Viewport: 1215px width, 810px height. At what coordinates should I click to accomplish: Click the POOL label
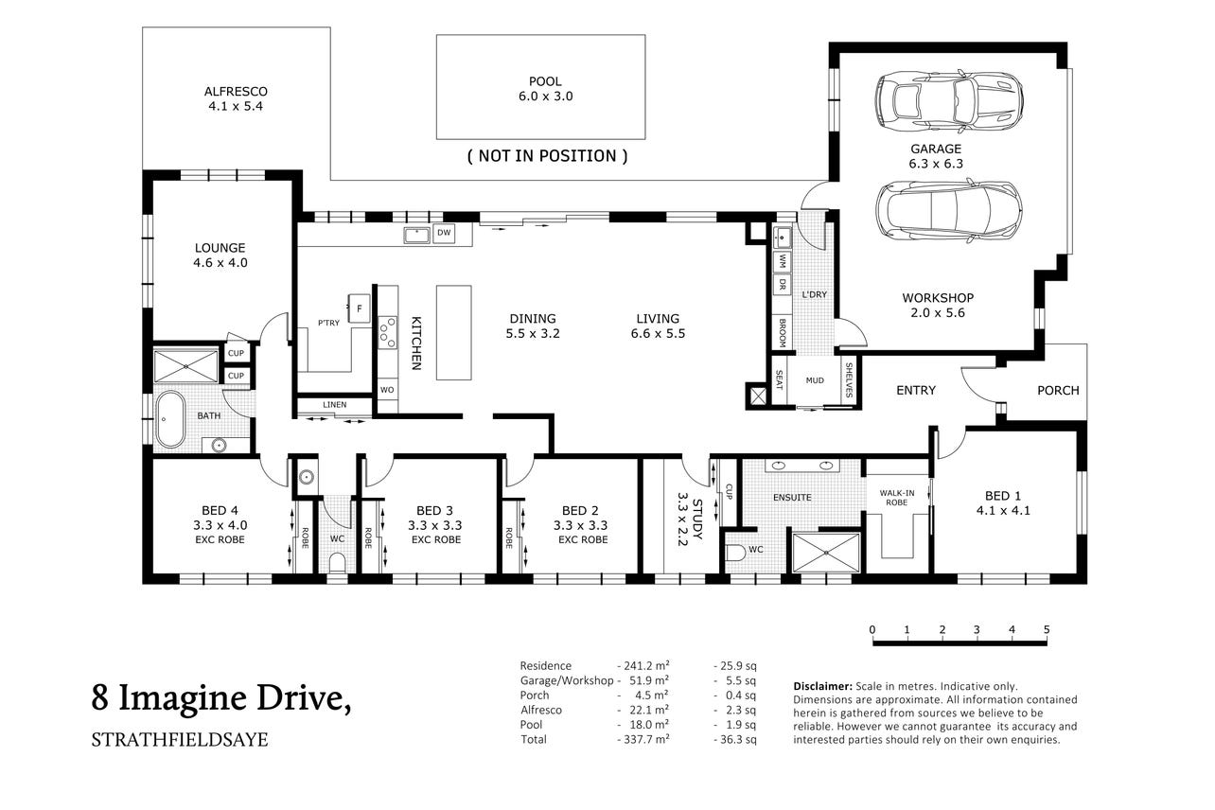[x=545, y=81]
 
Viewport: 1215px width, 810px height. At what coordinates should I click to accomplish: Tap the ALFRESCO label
[x=236, y=91]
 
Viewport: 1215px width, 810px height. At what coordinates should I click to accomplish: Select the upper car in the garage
[x=949, y=101]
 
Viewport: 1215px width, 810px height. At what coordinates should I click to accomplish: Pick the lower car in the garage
[x=949, y=210]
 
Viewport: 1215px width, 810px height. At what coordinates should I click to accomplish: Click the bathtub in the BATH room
[x=170, y=419]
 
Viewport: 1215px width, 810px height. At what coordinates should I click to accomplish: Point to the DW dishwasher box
[x=444, y=234]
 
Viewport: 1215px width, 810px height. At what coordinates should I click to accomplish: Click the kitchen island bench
[x=453, y=332]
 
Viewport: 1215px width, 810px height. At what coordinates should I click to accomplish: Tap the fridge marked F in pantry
[x=359, y=308]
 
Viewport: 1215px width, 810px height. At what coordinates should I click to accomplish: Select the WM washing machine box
[x=782, y=261]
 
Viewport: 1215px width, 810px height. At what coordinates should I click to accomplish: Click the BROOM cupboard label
[x=783, y=332]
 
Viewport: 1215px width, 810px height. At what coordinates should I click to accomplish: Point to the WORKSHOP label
[x=938, y=298]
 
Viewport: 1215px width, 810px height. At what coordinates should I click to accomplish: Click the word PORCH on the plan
[x=1058, y=390]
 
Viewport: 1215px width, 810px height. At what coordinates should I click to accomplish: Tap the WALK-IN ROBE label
[x=897, y=498]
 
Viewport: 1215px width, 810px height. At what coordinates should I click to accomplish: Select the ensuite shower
[x=826, y=553]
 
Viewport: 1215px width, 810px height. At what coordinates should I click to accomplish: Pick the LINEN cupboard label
[x=335, y=405]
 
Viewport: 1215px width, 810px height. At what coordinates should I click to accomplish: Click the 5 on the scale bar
[x=1047, y=629]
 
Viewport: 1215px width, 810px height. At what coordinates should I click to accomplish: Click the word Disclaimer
[x=822, y=686]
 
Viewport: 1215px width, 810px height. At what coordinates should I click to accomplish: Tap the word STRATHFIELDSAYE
[x=180, y=740]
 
